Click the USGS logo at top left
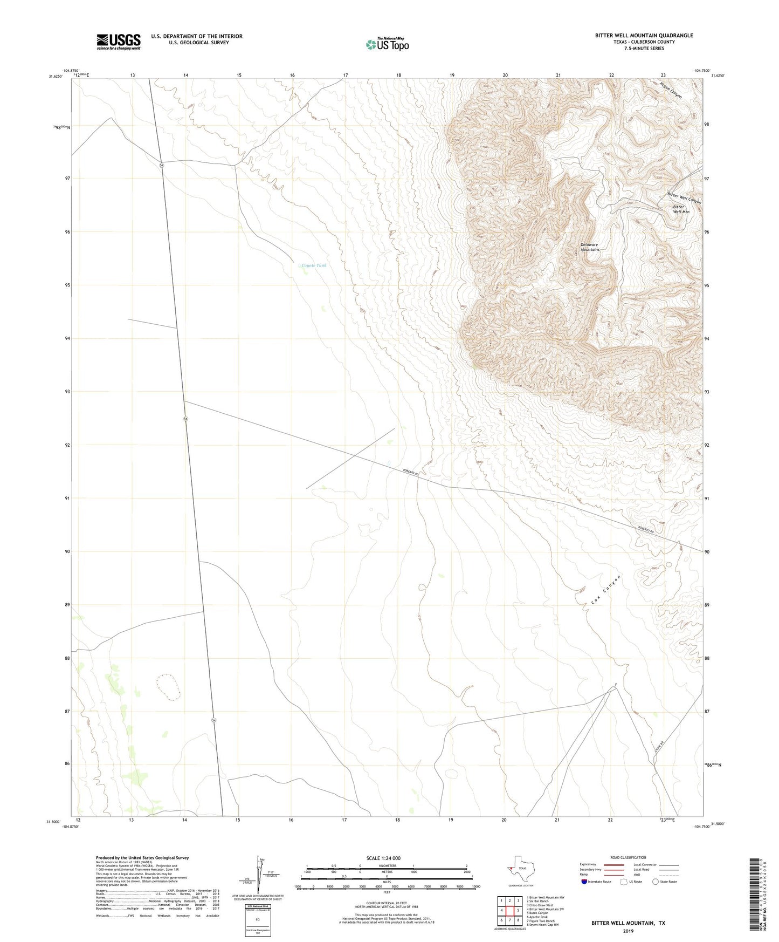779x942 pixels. pos(119,42)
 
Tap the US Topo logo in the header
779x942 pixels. pos(387,44)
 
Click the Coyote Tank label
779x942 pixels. pos(314,265)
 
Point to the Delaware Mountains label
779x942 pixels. pos(590,247)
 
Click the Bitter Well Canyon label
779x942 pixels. pos(685,197)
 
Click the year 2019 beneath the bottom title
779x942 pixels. pos(628,931)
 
